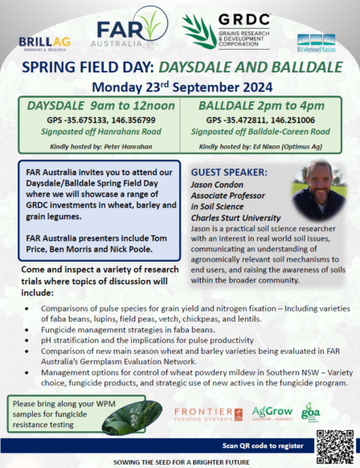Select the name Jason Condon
click(222, 184)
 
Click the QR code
click(334, 446)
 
